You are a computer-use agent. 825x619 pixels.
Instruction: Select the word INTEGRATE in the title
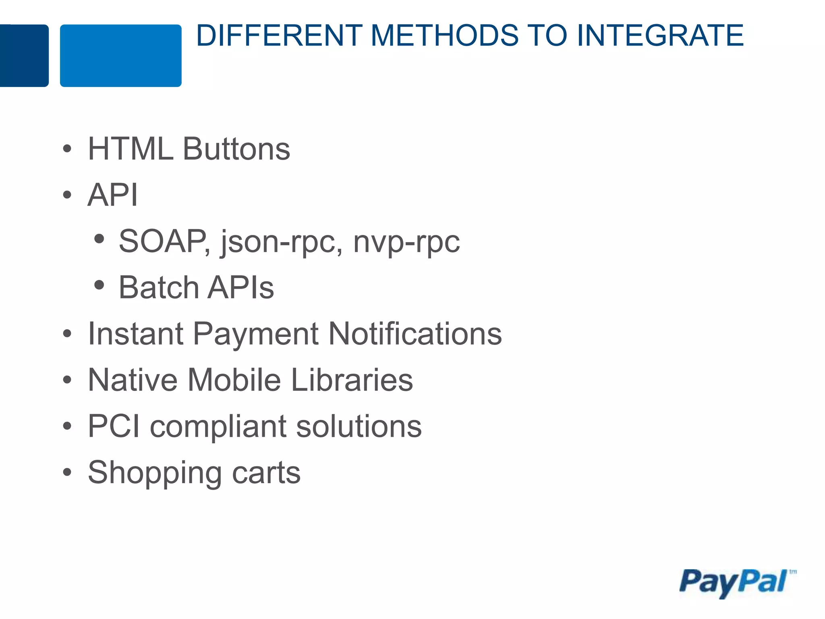click(x=659, y=35)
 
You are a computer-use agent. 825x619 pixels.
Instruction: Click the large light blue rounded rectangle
click(x=120, y=56)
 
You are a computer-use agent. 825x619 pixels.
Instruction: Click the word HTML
click(x=130, y=149)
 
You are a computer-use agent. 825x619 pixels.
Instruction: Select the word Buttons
click(x=236, y=149)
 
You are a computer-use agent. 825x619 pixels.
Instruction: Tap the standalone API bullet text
click(x=112, y=195)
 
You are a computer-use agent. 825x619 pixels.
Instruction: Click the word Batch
click(x=158, y=288)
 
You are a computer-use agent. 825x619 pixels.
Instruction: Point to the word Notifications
click(x=415, y=334)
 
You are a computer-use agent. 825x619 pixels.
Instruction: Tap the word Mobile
click(x=234, y=380)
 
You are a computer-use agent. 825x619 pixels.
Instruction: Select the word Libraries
click(x=352, y=380)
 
